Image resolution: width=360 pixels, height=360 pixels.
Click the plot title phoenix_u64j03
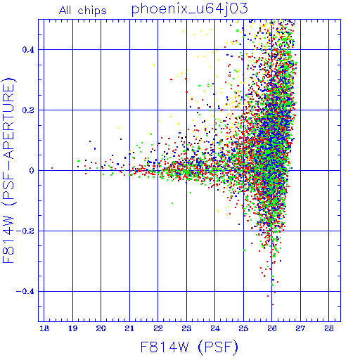pyautogui.click(x=189, y=9)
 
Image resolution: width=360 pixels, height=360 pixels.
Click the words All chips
pyautogui.click(x=83, y=11)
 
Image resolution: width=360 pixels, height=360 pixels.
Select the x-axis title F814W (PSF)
pyautogui.click(x=189, y=347)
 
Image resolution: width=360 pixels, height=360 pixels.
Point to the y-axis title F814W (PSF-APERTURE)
pyautogui.click(x=9, y=170)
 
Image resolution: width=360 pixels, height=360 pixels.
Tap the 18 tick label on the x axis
pyautogui.click(x=44, y=328)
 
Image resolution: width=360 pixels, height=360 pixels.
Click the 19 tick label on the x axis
pyautogui.click(x=72, y=328)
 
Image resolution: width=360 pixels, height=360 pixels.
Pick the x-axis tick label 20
pyautogui.click(x=101, y=328)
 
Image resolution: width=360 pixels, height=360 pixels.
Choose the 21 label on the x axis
pyautogui.click(x=129, y=328)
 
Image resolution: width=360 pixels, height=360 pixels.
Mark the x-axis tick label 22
pyautogui.click(x=158, y=328)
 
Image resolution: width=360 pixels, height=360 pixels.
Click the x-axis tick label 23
pyautogui.click(x=186, y=328)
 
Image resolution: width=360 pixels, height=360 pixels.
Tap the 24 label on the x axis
pyautogui.click(x=215, y=328)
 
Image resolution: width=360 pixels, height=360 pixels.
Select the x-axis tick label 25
pyautogui.click(x=243, y=328)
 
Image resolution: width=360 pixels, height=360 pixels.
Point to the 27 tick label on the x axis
pyautogui.click(x=300, y=328)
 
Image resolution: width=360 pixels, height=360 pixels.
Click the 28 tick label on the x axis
pyautogui.click(x=329, y=328)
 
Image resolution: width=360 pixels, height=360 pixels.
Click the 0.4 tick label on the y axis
pyautogui.click(x=28, y=50)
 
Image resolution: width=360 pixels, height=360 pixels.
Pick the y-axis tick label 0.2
pyautogui.click(x=28, y=110)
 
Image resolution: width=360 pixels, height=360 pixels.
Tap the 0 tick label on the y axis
pyautogui.click(x=32, y=171)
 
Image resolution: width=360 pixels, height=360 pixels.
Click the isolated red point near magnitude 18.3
pyautogui.click(x=52, y=168)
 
